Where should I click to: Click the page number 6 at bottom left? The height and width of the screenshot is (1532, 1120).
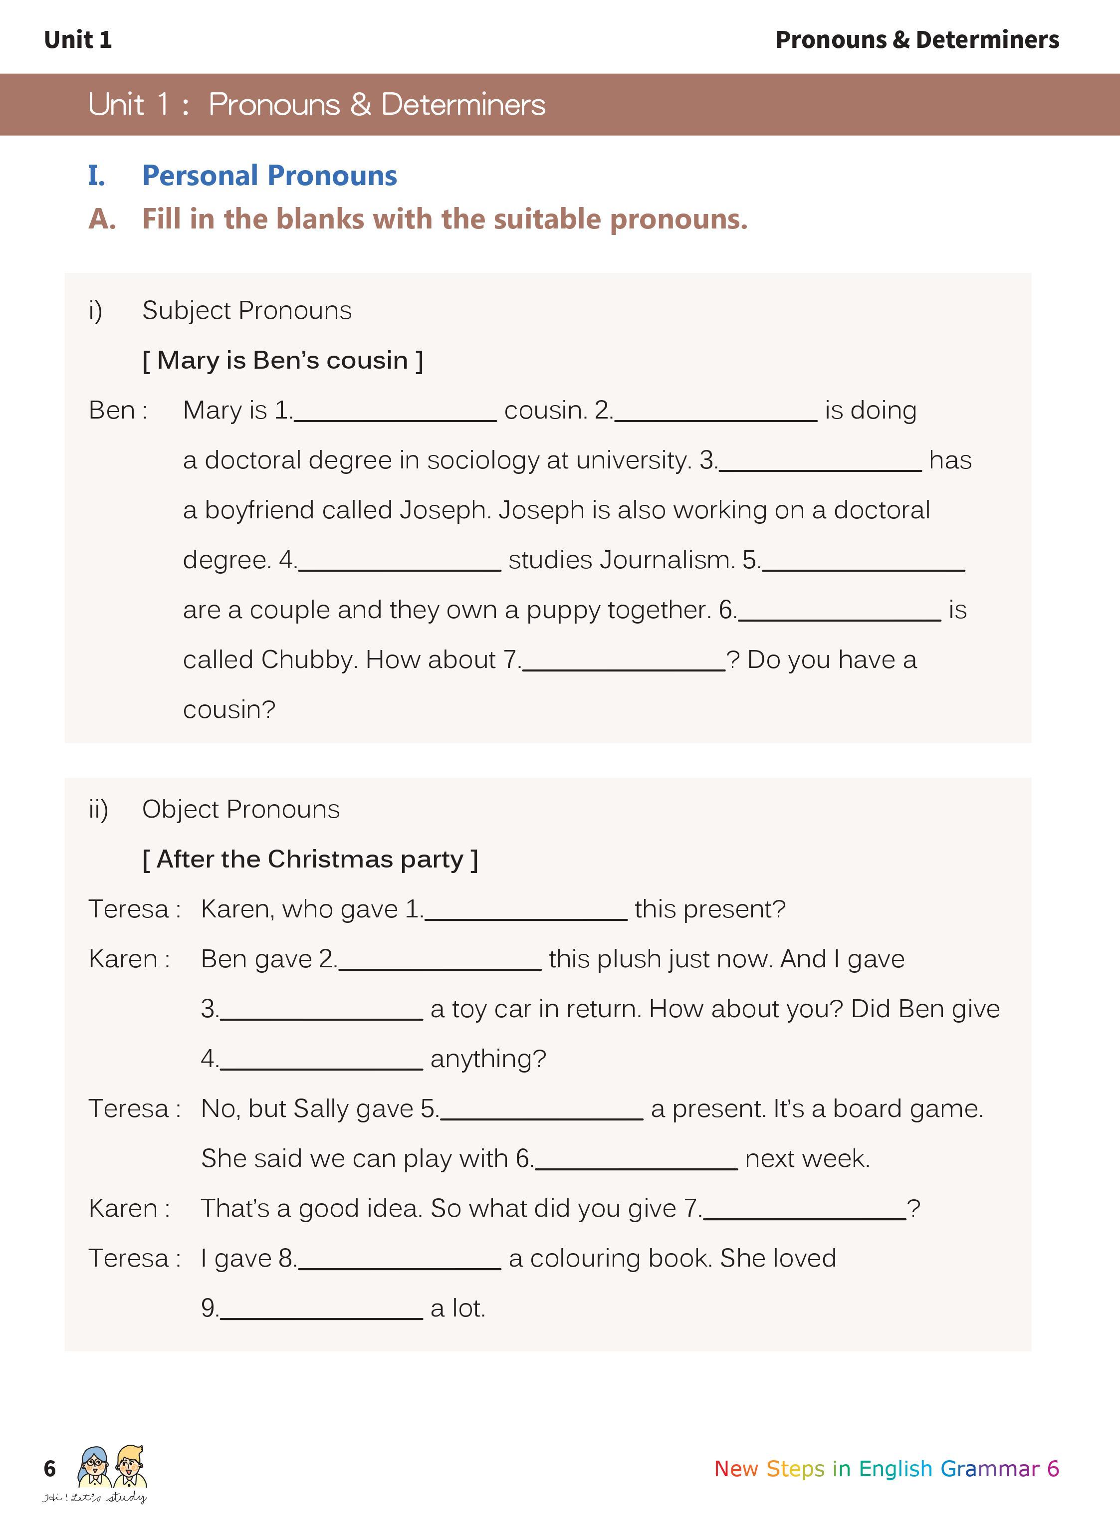(x=49, y=1468)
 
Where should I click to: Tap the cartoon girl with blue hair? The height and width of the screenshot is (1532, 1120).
(x=94, y=1466)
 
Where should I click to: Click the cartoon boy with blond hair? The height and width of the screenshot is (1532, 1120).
(x=130, y=1466)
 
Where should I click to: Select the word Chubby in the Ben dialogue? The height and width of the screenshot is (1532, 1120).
(x=304, y=659)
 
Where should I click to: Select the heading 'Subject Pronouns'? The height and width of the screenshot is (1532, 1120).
(x=247, y=310)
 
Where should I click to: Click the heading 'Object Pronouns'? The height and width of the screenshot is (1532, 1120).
(x=240, y=809)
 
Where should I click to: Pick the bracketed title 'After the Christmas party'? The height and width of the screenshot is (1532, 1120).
(x=310, y=860)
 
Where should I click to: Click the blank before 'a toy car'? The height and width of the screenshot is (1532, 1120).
(x=321, y=1011)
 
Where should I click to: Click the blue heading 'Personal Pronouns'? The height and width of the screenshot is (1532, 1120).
(x=269, y=176)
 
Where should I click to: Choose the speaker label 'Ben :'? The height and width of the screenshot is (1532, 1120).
(x=118, y=411)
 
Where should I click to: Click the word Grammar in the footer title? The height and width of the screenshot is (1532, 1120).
(x=989, y=1468)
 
